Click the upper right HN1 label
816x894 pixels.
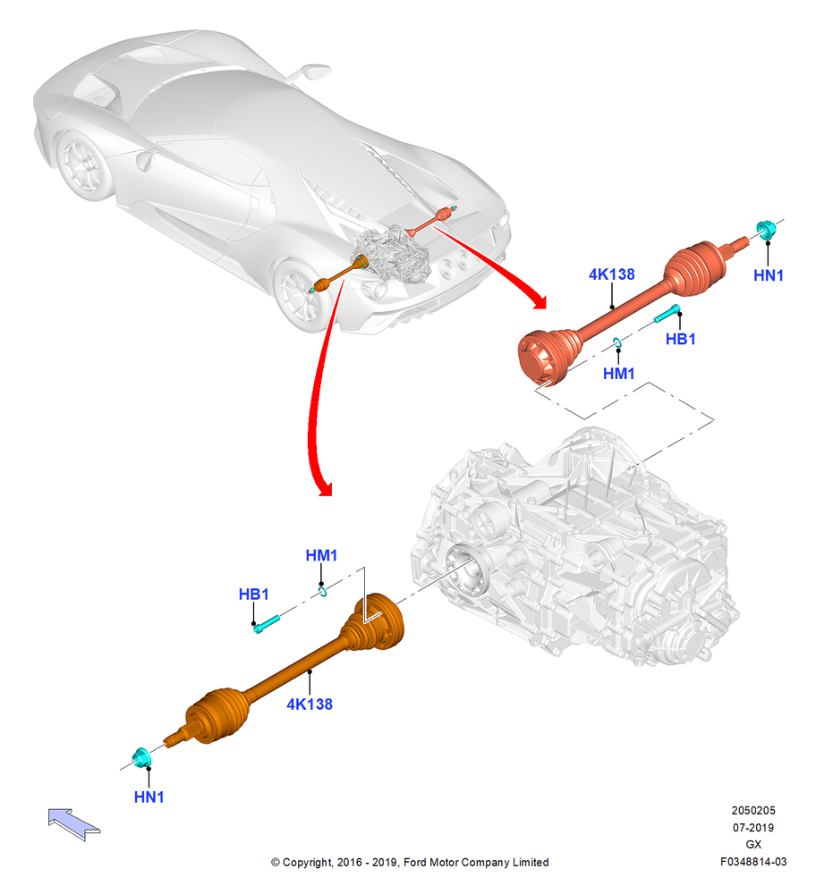point(768,275)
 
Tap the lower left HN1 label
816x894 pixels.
point(149,797)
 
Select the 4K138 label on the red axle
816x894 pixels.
point(612,274)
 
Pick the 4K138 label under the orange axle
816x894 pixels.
point(310,704)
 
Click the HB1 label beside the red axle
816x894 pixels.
point(680,339)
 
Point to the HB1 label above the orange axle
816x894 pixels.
point(253,595)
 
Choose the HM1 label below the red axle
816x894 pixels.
point(618,374)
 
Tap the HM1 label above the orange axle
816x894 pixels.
point(321,555)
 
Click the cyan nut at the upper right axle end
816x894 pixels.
point(767,229)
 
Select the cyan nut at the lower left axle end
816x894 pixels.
point(141,757)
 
